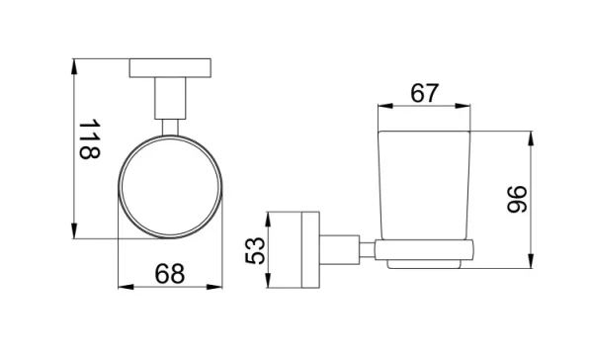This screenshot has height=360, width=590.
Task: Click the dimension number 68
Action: coord(170,273)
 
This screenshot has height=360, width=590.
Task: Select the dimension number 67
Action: coord(424,94)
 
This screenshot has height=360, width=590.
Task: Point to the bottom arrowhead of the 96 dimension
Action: coord(535,267)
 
